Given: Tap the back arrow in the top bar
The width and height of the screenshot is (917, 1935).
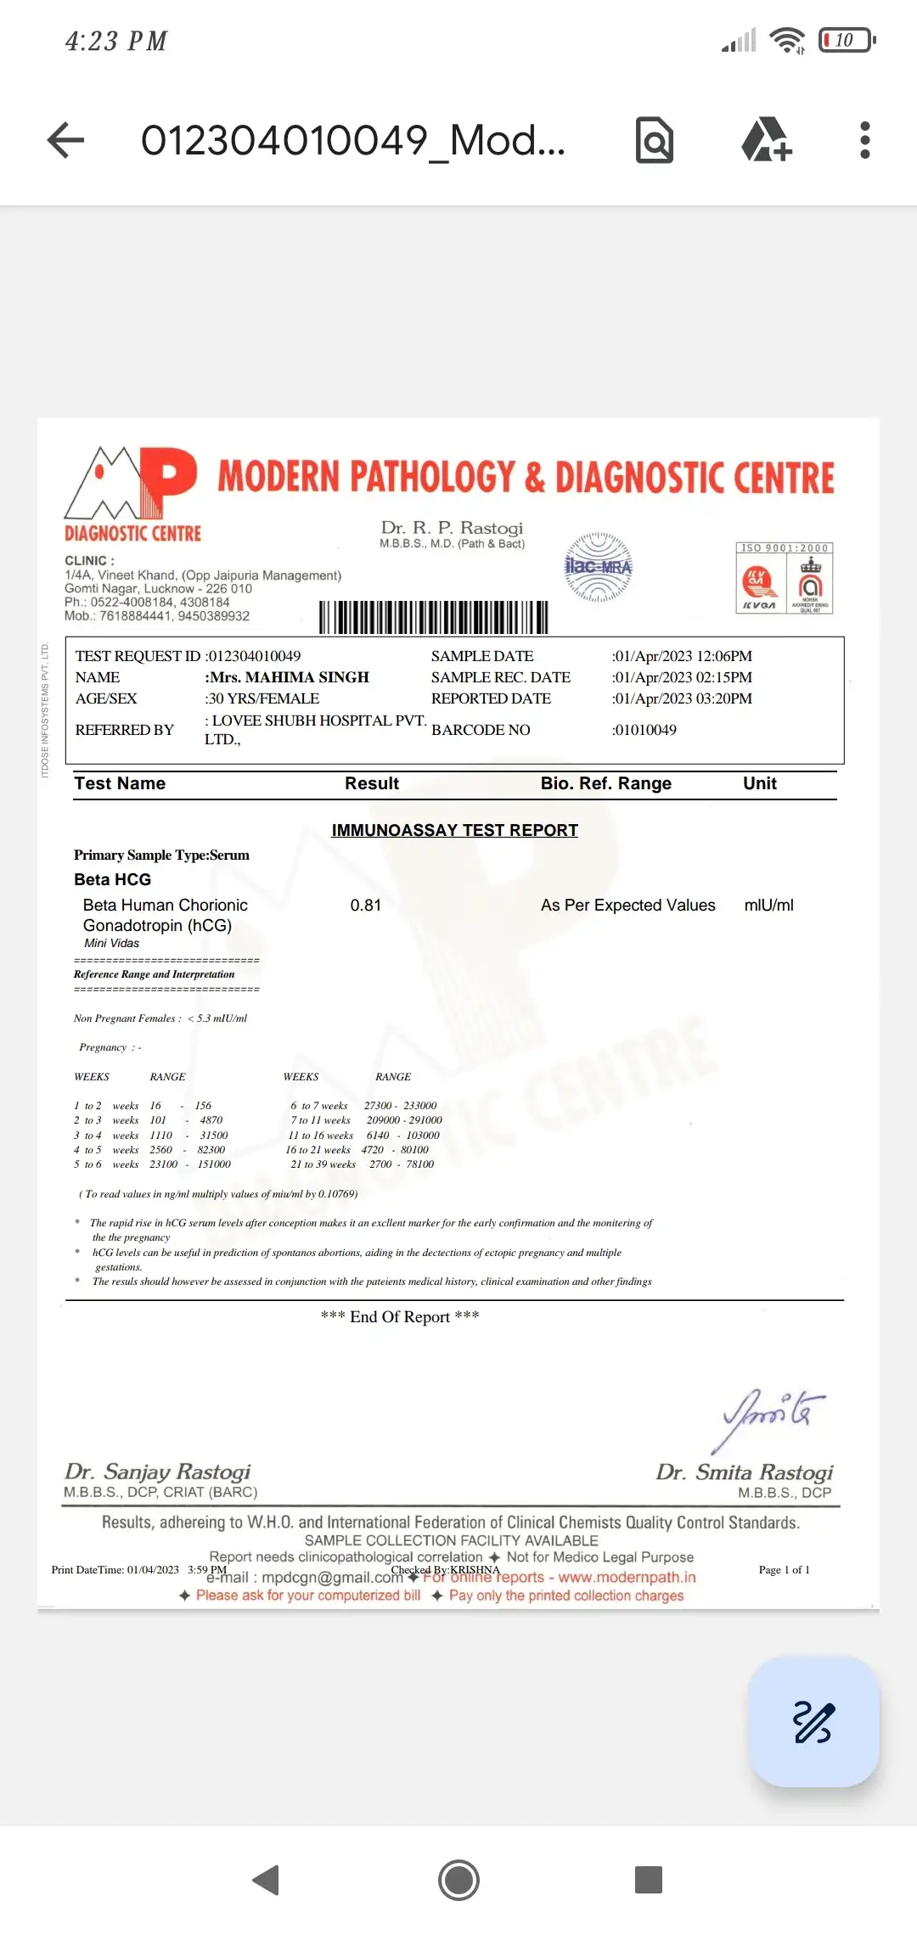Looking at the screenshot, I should (66, 140).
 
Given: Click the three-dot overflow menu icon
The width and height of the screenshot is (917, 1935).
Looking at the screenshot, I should (864, 140).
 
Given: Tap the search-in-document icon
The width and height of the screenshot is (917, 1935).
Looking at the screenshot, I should (655, 140).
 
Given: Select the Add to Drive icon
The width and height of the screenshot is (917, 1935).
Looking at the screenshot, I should (766, 140).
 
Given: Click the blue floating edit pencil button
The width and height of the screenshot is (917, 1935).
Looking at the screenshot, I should (813, 1722).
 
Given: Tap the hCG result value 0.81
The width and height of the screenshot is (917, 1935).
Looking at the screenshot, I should (366, 906).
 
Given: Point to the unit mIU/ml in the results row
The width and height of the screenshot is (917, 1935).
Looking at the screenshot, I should (768, 906).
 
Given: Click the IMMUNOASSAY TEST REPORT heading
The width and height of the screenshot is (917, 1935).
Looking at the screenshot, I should (454, 830).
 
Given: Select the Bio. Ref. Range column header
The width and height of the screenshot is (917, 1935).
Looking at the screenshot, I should (605, 783).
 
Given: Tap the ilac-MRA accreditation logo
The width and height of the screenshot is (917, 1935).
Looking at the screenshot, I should (599, 567).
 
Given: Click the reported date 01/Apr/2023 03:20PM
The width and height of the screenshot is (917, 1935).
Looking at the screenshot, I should (683, 698).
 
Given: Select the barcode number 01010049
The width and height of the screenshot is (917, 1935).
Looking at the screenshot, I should (645, 730).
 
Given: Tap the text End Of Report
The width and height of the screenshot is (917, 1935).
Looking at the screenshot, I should (400, 1316).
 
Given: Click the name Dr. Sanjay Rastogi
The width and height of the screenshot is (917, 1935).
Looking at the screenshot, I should (158, 1471).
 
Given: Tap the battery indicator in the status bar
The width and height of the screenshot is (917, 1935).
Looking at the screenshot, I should (847, 40).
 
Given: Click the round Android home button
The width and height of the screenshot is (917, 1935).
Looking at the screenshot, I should (458, 1880).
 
